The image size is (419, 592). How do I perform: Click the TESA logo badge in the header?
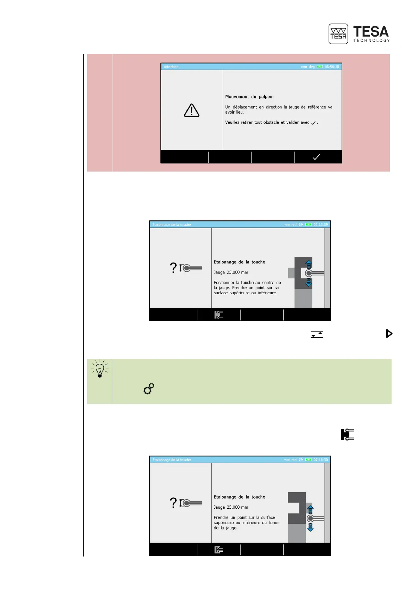click(338, 34)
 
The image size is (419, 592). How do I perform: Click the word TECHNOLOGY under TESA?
click(372, 41)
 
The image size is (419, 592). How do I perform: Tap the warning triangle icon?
click(192, 110)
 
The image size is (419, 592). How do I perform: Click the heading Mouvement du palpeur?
click(249, 97)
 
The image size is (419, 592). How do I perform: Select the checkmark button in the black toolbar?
click(316, 157)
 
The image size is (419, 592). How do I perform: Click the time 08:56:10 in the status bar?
click(332, 67)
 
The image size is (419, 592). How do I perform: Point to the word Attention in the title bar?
click(171, 67)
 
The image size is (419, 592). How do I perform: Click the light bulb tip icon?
click(100, 368)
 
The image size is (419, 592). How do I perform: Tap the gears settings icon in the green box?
click(149, 389)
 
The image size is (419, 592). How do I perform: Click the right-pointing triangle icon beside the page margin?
click(389, 334)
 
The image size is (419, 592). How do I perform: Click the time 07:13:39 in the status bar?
click(320, 225)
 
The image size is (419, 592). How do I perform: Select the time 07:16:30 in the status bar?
click(320, 460)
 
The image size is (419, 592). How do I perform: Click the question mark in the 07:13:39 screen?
click(173, 268)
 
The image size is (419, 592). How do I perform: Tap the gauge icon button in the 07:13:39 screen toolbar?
click(218, 315)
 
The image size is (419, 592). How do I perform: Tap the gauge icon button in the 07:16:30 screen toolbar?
click(218, 550)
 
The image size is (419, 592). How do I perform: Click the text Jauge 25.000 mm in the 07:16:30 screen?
click(231, 507)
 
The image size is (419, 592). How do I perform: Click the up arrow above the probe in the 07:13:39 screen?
click(309, 263)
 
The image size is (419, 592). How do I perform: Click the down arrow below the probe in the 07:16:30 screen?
click(310, 528)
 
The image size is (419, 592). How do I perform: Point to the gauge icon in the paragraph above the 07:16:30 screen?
click(347, 435)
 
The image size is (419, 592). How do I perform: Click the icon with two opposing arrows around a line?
click(317, 334)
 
